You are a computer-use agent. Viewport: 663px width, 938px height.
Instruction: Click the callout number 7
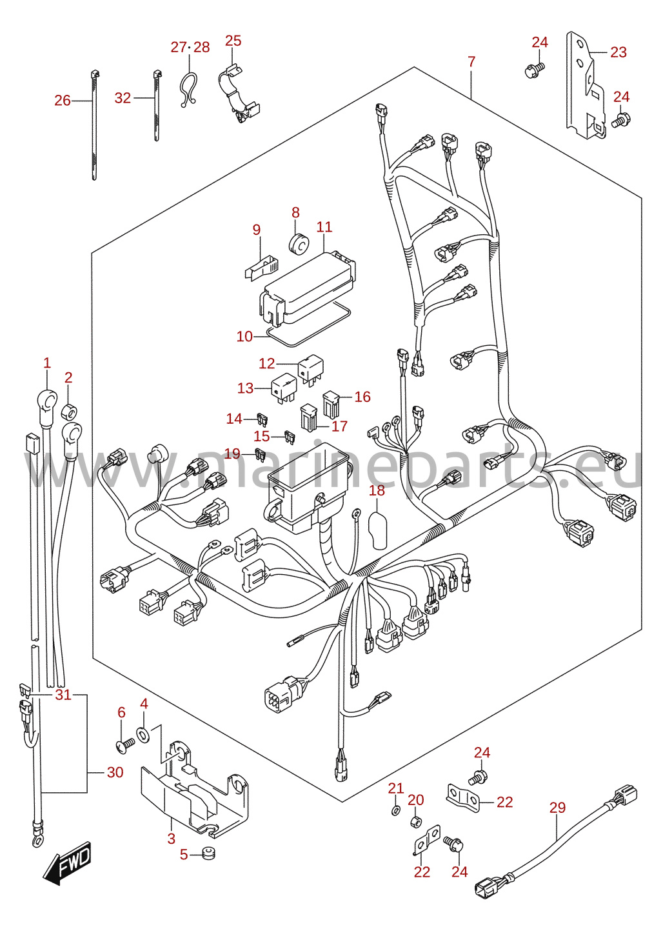click(x=471, y=61)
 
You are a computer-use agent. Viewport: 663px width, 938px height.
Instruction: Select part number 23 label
click(x=618, y=52)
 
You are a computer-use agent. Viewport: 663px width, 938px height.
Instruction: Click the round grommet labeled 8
click(x=299, y=244)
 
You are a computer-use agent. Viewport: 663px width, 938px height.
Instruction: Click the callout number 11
click(x=324, y=227)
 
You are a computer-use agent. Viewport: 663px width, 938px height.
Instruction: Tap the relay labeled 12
click(x=311, y=368)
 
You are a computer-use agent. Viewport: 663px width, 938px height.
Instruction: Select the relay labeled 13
click(x=284, y=387)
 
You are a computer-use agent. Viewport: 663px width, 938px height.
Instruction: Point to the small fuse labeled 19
click(x=261, y=453)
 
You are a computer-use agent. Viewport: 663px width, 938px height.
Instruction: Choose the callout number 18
click(x=377, y=490)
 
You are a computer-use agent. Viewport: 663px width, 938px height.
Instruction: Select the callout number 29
click(x=557, y=808)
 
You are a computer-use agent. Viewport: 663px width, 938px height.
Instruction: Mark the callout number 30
click(x=115, y=772)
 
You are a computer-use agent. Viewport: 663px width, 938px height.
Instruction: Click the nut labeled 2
click(x=69, y=412)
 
